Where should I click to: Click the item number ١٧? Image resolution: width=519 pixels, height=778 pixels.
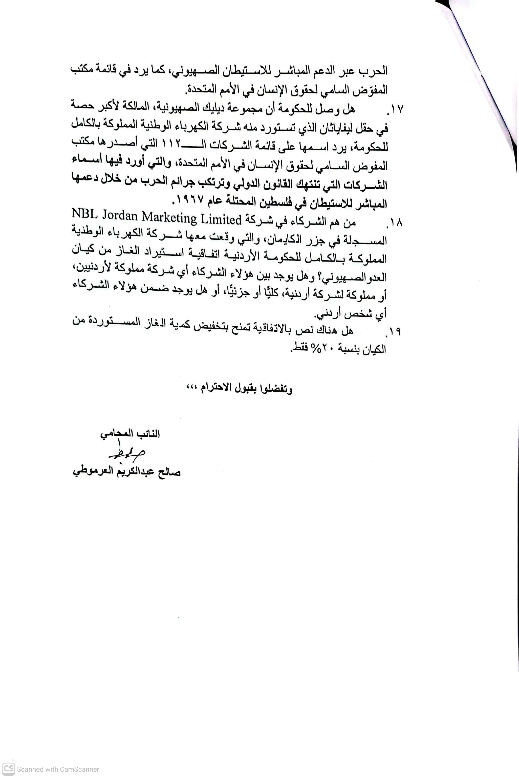[396, 109]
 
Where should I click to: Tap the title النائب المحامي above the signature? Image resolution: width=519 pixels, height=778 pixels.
[130, 434]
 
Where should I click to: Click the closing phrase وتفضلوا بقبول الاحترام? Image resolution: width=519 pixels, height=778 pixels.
[247, 388]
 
